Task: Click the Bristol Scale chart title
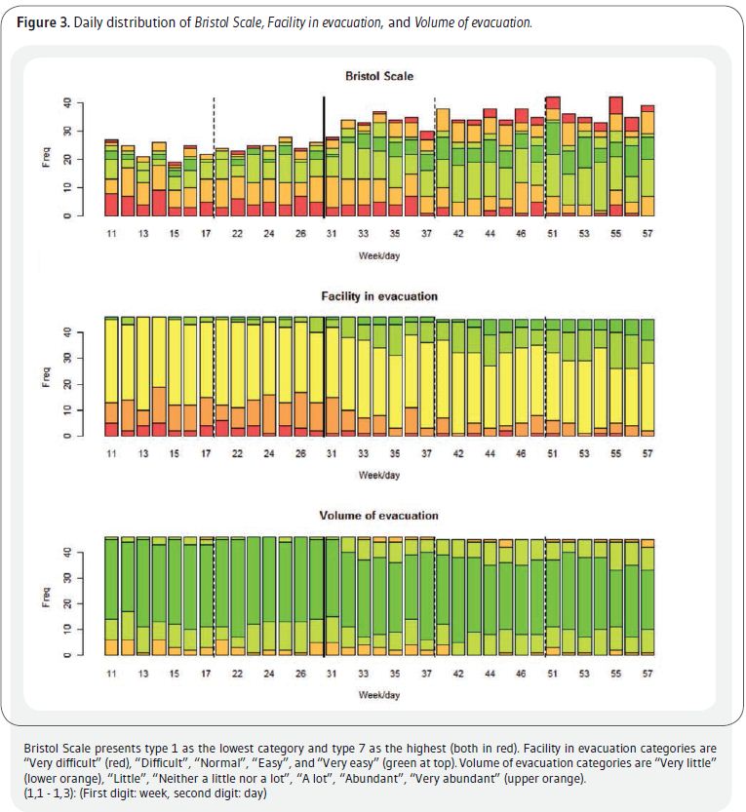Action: point(379,76)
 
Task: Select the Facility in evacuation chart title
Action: point(379,296)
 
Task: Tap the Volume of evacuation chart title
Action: point(378,516)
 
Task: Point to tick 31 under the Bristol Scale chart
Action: point(332,234)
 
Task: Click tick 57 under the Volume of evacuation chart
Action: point(648,674)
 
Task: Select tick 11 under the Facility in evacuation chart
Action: point(111,453)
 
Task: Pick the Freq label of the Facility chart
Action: point(46,377)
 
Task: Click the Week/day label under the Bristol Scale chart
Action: point(379,255)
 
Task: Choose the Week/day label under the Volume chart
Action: point(379,695)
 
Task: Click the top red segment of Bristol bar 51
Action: point(553,103)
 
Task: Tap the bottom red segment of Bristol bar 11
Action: point(111,205)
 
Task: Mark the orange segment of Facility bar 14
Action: point(159,405)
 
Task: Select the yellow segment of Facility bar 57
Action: point(648,397)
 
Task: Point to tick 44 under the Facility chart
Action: point(490,453)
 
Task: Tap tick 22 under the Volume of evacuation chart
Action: point(237,674)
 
